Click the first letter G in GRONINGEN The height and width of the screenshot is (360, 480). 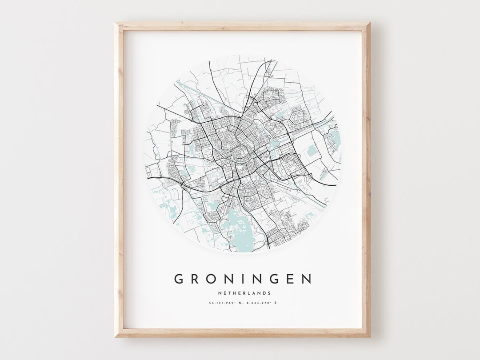click(179, 279)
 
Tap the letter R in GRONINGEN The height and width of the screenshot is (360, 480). click(196, 279)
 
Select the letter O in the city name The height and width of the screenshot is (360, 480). click(213, 279)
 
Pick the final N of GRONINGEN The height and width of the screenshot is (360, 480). click(307, 279)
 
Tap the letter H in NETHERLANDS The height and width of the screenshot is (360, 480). click(233, 293)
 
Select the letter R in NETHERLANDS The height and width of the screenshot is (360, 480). click(244, 293)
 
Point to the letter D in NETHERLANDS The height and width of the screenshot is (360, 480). click(264, 293)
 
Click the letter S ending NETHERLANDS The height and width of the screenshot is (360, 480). click(269, 293)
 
